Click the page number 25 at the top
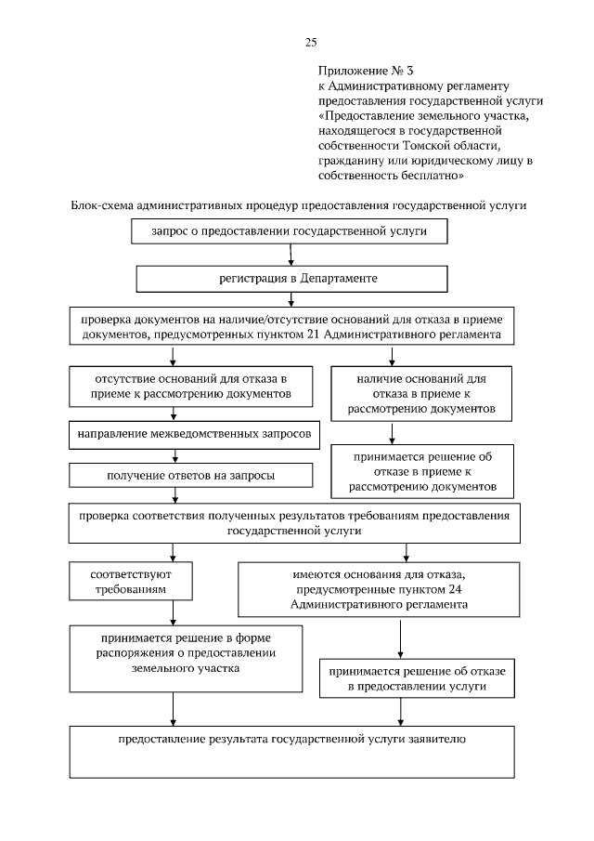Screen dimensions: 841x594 coord(311,42)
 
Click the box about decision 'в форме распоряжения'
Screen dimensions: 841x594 coord(186,657)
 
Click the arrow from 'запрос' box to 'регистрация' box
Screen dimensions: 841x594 coord(292,255)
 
